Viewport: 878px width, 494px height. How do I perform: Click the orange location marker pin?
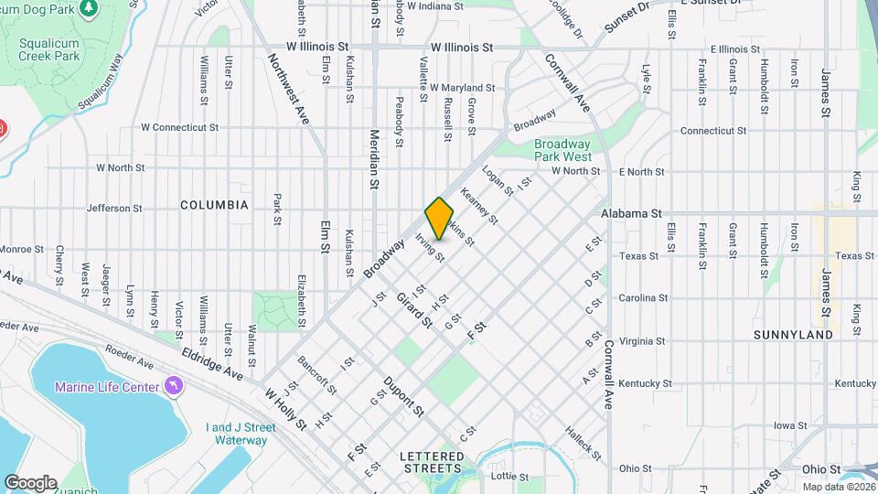(439, 218)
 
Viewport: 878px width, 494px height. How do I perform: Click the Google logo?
(30, 482)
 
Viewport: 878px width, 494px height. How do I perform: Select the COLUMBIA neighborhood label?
(214, 205)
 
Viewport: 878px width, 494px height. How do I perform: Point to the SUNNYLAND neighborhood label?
(793, 335)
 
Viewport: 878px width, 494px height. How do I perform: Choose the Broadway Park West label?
(562, 150)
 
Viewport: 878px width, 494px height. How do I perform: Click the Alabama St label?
(631, 213)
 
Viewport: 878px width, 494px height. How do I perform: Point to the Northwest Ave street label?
(289, 90)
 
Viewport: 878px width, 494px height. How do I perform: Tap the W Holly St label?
(286, 410)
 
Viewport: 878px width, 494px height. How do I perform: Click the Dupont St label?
(403, 396)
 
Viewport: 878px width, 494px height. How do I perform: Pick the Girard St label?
(414, 310)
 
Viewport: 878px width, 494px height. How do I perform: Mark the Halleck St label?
(583, 443)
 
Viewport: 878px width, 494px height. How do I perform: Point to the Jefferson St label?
(114, 209)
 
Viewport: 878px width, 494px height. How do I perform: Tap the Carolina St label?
(644, 298)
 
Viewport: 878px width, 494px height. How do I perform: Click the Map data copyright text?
(838, 487)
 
